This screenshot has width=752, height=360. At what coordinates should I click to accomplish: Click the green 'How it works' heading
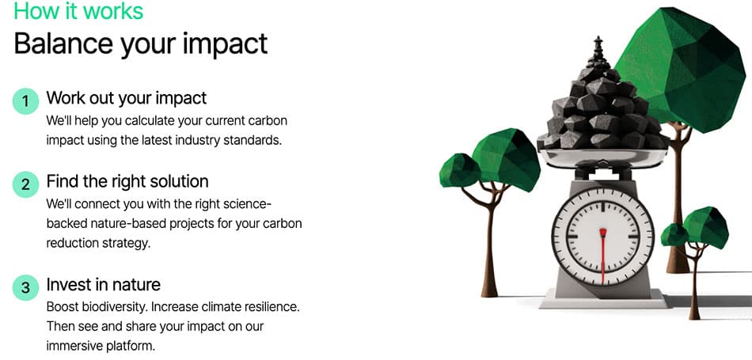point(78,10)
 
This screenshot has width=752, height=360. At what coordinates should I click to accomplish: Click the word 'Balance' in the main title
point(63,44)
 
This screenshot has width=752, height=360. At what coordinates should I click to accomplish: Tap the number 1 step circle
point(25,101)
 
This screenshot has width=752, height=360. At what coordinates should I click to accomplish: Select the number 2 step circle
point(25,184)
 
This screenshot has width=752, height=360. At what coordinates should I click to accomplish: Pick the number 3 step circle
point(25,288)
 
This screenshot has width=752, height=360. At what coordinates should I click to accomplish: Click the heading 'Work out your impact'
point(127,98)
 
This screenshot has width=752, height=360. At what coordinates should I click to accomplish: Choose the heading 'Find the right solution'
point(127,181)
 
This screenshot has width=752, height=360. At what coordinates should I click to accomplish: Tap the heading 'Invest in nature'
point(104,285)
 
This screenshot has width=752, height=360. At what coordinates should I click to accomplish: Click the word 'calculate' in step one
point(149,120)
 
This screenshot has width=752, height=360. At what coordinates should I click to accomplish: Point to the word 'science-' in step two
point(248,203)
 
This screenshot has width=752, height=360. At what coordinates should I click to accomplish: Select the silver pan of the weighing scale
point(603,157)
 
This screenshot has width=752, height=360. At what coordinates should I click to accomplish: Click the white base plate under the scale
point(603,302)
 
